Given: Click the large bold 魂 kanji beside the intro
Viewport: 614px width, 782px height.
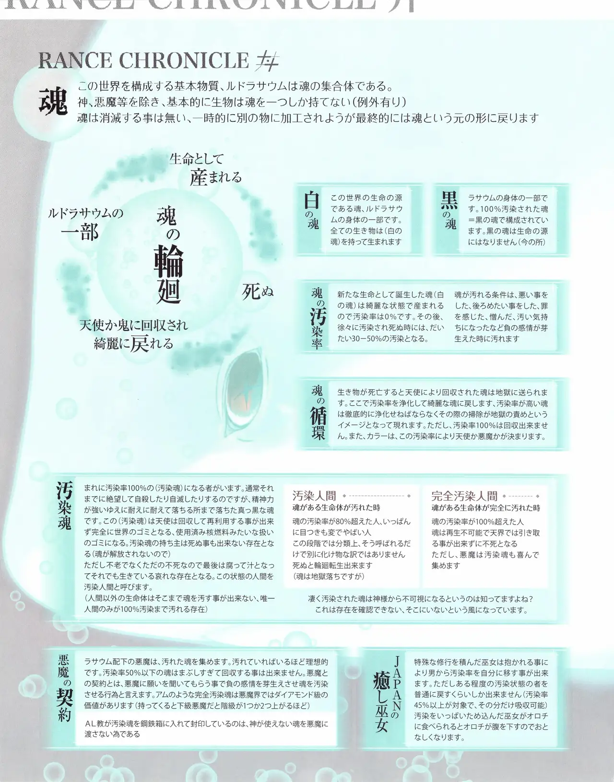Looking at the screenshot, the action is [x=53, y=102].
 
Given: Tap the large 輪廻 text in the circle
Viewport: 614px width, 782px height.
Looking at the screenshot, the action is [x=168, y=275].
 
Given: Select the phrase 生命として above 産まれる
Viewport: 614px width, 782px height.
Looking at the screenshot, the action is [x=196, y=159].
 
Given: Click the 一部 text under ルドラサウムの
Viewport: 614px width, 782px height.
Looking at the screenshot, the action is [x=80, y=233].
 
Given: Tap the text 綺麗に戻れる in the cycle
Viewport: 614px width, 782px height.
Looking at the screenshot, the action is [x=133, y=344].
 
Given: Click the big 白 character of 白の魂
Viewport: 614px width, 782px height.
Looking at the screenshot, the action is [x=311, y=200].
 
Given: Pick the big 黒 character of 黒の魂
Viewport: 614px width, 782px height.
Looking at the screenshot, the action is [x=449, y=200].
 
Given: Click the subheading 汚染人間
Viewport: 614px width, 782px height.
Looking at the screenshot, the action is [x=314, y=496].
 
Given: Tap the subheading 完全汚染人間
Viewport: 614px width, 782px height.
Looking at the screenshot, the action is [x=464, y=496].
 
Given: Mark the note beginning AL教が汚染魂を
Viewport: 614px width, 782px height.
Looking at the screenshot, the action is [x=206, y=729].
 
